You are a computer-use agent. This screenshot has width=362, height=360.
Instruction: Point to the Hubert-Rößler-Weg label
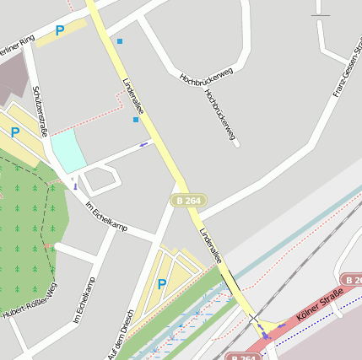point(30,301)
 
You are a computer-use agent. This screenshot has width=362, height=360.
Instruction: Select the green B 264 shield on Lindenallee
point(187,200)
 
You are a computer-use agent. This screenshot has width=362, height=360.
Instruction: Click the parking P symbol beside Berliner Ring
point(59,30)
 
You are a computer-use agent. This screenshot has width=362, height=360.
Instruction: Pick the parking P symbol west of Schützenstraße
point(14,132)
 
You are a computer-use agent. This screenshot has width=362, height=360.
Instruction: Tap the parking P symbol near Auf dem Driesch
point(162,284)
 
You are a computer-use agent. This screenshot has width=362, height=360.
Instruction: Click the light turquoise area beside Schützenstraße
point(68,152)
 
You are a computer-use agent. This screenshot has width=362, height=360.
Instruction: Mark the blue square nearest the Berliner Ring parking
point(120,41)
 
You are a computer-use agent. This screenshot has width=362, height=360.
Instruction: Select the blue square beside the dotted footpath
point(135,120)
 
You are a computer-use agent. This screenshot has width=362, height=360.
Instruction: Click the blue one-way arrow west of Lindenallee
point(143,144)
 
